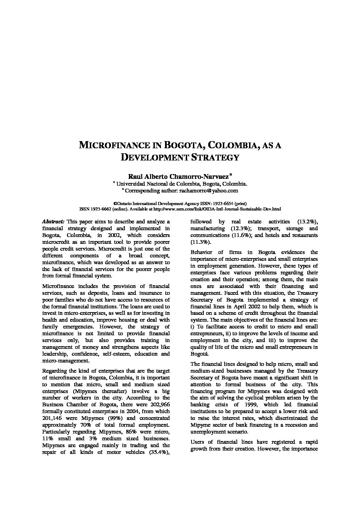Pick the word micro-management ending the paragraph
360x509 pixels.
coord(65,361)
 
